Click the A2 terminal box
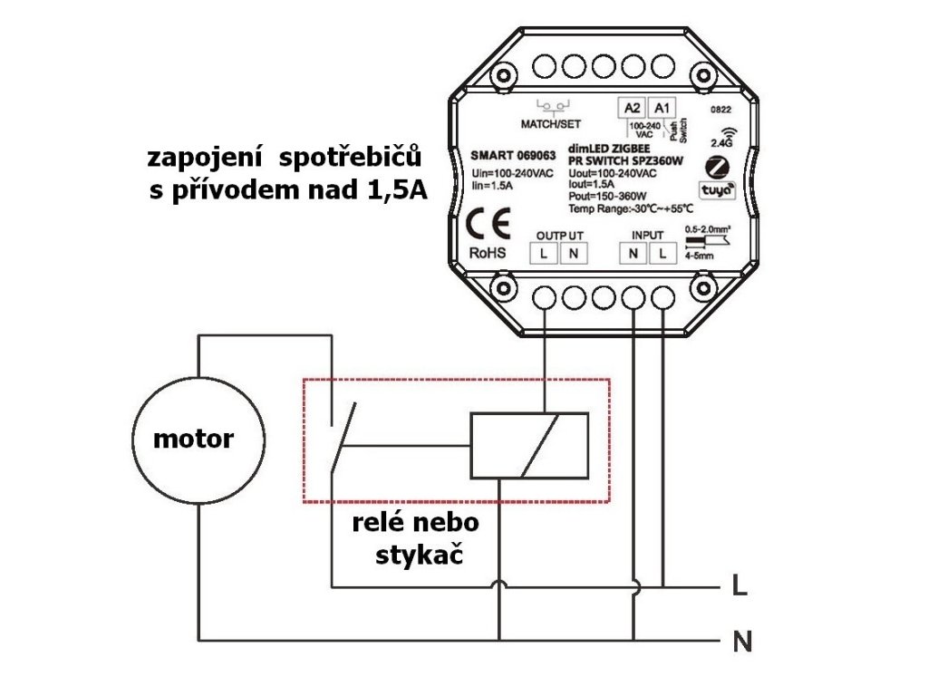pyautogui.click(x=633, y=108)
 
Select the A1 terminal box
pyautogui.click(x=662, y=108)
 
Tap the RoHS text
pyautogui.click(x=488, y=253)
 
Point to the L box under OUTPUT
pyautogui.click(x=543, y=254)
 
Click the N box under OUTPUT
pyautogui.click(x=573, y=254)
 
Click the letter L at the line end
pyautogui.click(x=739, y=587)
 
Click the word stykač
pyautogui.click(x=419, y=554)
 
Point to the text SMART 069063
pyautogui.click(x=512, y=153)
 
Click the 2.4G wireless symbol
pyautogui.click(x=722, y=136)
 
